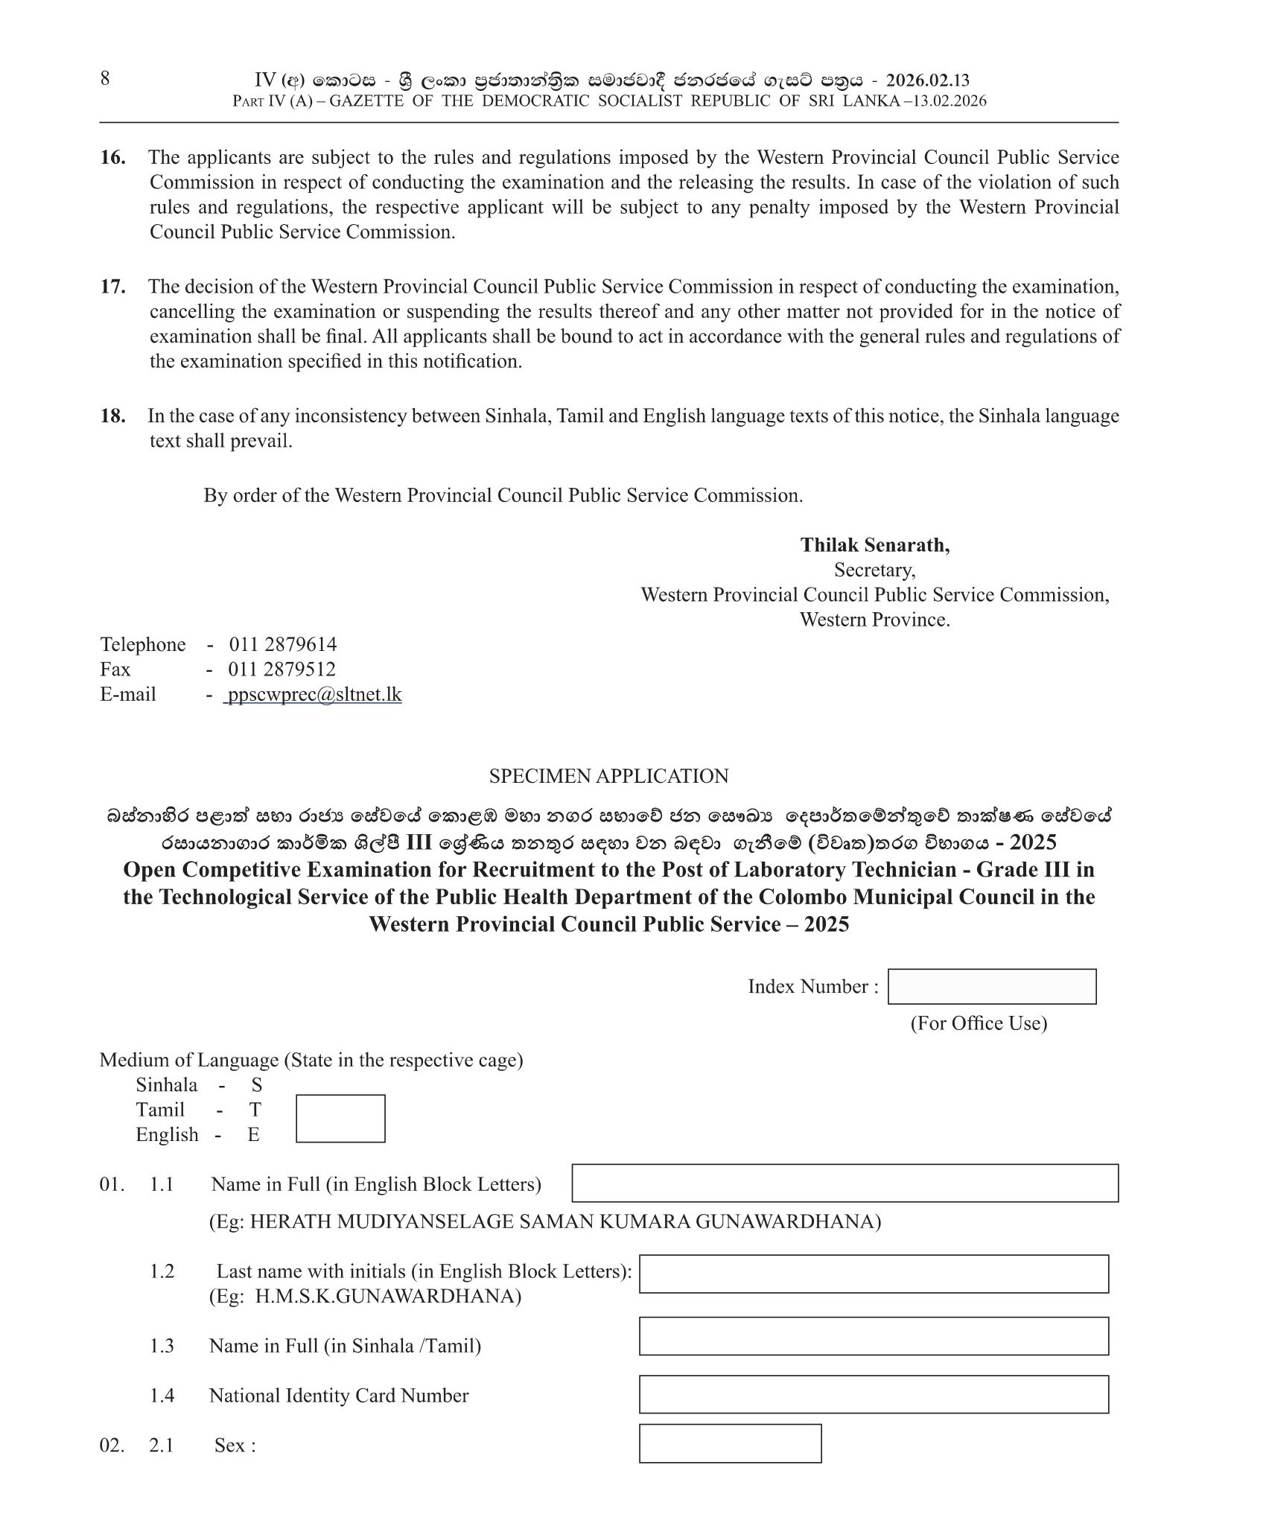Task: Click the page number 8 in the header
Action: (x=105, y=78)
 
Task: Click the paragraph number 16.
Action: (x=113, y=157)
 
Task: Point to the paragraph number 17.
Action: (x=113, y=287)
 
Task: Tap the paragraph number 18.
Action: (x=113, y=416)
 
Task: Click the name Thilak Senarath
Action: (x=874, y=545)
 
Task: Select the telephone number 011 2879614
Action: (x=282, y=644)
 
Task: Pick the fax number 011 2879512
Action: (x=281, y=669)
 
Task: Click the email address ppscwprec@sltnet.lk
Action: (x=314, y=694)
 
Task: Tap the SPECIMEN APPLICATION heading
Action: (x=608, y=776)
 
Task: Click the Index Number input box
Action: (x=991, y=986)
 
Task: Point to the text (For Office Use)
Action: (x=979, y=1023)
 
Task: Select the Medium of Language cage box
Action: (x=340, y=1118)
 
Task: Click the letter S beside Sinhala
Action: (x=256, y=1085)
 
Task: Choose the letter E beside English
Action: (x=254, y=1134)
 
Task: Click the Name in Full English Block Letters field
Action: (x=844, y=1183)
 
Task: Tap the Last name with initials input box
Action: (x=874, y=1274)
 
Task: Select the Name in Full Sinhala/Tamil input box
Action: (x=874, y=1336)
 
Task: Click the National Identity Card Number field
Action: (x=874, y=1394)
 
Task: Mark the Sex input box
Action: (x=730, y=1443)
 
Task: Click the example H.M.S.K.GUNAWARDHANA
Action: (x=387, y=1297)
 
